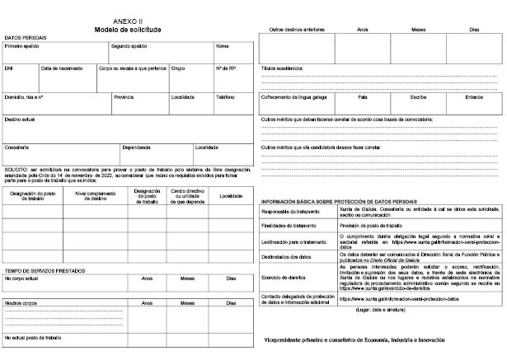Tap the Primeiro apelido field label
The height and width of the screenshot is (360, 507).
coord(21,46)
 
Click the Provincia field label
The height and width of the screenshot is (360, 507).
coord(124,96)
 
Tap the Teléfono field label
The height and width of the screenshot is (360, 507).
coord(226,96)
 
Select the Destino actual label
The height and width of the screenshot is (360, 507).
coord(19,119)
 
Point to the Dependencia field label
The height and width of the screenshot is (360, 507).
coord(136,147)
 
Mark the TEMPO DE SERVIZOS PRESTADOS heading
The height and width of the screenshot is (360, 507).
coord(45,271)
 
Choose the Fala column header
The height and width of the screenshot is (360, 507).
coord(362,96)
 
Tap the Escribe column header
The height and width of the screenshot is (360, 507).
coord(418,96)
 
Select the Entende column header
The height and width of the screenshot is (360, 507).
coord(474,96)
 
